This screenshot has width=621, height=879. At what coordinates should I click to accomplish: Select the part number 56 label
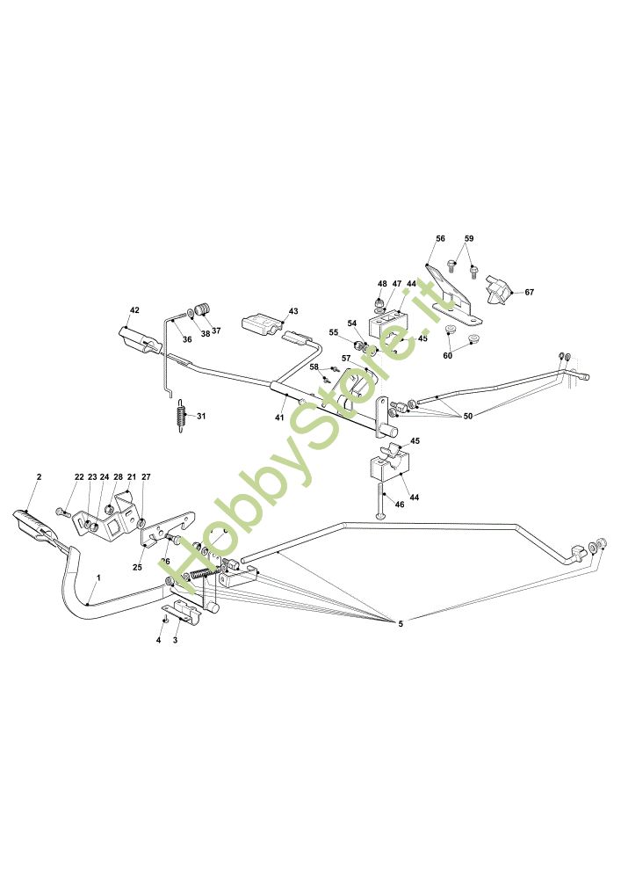point(441,238)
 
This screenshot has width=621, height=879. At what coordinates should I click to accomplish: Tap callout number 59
point(469,238)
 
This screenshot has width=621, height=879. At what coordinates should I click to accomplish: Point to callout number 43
point(293,311)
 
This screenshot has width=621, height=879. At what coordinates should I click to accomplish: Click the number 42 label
point(134,310)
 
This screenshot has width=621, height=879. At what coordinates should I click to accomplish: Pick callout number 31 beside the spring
point(201,416)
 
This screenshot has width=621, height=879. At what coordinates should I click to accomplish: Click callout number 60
point(447,355)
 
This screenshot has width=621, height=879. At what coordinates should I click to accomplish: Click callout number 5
point(401,623)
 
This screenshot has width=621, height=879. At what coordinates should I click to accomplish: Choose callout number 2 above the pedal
point(39,476)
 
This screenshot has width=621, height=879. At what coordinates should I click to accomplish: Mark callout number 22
point(79,477)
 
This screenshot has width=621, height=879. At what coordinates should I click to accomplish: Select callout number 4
point(159,640)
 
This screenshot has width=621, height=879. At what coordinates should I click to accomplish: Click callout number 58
point(314,367)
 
